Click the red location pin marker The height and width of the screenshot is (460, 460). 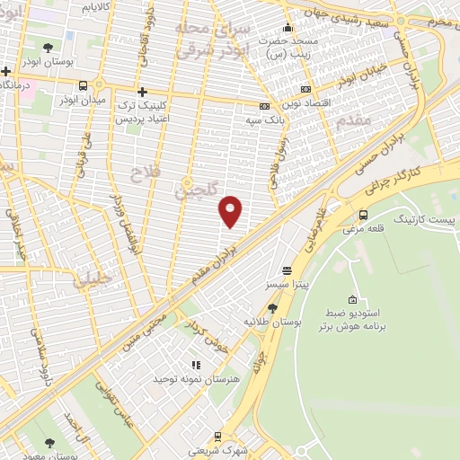[x=231, y=209]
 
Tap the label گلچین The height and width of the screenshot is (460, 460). [x=195, y=189]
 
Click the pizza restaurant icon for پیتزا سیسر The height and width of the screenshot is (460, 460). [x=287, y=270]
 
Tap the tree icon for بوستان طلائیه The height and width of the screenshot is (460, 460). [x=271, y=306]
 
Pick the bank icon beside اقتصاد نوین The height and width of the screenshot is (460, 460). [x=305, y=89]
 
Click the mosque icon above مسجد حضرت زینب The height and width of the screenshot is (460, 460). [x=287, y=26]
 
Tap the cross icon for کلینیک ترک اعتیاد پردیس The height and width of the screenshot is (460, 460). [x=142, y=92]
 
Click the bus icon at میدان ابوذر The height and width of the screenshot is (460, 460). [x=84, y=85]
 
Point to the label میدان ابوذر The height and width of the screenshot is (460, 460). [x=82, y=100]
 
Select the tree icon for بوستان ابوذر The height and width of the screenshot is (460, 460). [x=48, y=46]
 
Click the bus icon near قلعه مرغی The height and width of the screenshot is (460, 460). [x=363, y=215]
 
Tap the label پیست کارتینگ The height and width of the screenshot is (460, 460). [x=427, y=218]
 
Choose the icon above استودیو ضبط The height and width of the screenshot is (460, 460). [x=352, y=299]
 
